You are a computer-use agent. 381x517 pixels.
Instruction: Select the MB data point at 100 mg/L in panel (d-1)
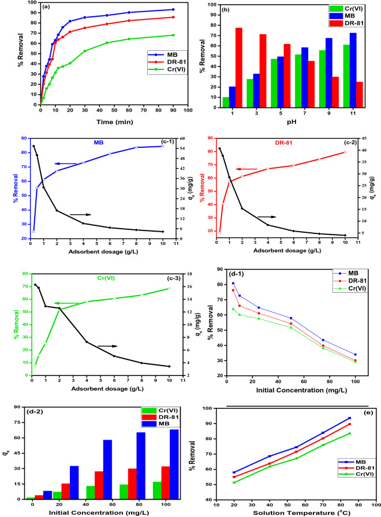click(x=355, y=354)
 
